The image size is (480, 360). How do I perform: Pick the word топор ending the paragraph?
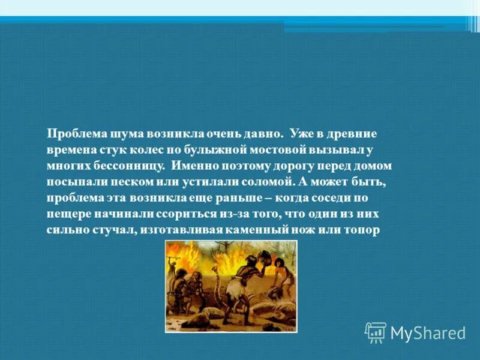(364, 230)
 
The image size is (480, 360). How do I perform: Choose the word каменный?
(272, 230)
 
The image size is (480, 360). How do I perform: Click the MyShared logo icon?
(376, 332)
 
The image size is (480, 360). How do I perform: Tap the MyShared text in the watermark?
(428, 332)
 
